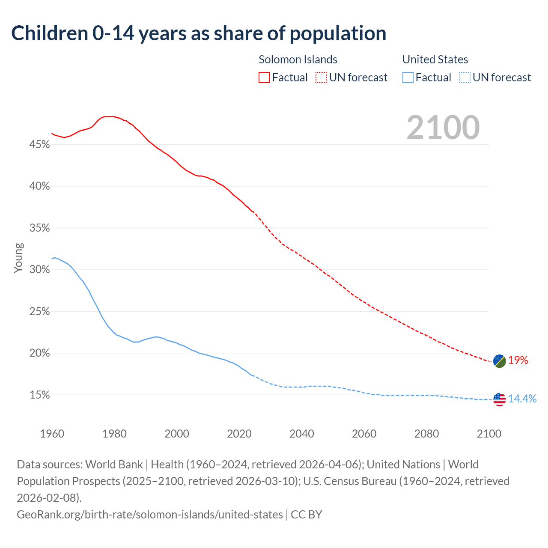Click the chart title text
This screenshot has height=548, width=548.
point(199,33)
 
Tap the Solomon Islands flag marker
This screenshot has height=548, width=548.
point(499,361)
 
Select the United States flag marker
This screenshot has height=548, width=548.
point(499,399)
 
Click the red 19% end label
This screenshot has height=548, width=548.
point(518,360)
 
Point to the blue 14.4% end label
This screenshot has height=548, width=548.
point(522,399)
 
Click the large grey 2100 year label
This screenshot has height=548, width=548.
point(443,128)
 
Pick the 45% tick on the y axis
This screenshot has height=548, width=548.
point(39,145)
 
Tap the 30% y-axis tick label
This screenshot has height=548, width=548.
point(39,270)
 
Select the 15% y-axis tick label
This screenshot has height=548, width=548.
point(39,395)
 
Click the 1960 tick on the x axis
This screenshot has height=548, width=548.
point(52,434)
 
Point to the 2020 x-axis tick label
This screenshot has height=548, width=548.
point(239,434)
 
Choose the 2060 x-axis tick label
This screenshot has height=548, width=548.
point(364,434)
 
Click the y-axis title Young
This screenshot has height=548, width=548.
point(18,258)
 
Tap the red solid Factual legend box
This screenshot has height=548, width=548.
point(264,77)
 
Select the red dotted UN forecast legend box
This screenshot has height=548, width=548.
point(321,77)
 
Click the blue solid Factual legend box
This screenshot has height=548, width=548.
point(408,77)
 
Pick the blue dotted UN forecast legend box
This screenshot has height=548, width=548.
point(465,77)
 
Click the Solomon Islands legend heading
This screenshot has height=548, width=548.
point(298,60)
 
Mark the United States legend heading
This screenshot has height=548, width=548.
point(435,60)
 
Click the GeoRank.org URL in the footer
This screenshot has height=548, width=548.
point(150,514)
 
